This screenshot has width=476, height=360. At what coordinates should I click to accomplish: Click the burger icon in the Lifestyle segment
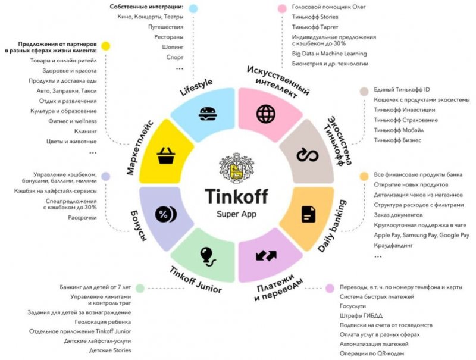point(208,114)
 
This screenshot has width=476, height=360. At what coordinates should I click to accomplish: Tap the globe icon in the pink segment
point(266,114)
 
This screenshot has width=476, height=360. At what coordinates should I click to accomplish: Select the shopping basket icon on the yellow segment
point(166,155)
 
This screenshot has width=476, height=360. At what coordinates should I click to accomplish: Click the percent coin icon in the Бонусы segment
point(165,214)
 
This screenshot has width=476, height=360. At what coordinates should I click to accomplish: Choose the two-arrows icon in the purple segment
point(266,256)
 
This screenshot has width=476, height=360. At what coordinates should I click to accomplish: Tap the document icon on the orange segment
point(308,214)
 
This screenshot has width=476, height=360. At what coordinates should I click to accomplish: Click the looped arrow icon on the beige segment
point(307,155)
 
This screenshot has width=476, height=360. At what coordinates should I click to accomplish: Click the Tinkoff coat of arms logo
point(237,168)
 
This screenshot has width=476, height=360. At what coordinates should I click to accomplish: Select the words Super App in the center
point(236,214)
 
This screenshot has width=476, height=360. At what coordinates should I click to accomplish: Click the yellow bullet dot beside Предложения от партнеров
point(106,46)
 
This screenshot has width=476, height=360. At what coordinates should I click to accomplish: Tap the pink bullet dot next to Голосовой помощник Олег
point(282,8)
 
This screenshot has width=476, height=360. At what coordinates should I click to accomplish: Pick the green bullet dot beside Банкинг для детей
point(140,288)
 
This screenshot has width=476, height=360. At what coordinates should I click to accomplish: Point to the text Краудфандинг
point(393,245)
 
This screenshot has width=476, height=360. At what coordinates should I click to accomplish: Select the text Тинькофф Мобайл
point(399,130)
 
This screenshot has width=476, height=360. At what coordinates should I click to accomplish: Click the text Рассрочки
point(82,218)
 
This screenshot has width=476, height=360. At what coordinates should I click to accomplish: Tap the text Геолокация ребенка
point(103,322)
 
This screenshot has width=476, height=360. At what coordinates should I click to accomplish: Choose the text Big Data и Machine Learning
point(330,54)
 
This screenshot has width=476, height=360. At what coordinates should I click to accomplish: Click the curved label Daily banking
point(333,226)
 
